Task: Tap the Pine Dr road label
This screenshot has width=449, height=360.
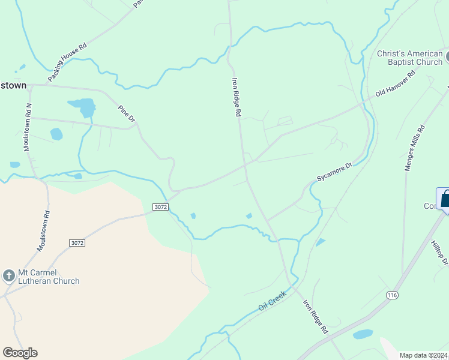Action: pyautogui.click(x=127, y=114)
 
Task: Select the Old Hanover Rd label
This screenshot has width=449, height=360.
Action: pyautogui.click(x=396, y=85)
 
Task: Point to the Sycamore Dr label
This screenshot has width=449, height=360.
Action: pyautogui.click(x=334, y=172)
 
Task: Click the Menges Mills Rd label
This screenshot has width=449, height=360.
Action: pyautogui.click(x=414, y=148)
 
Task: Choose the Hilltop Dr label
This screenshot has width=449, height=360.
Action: pyautogui.click(x=439, y=252)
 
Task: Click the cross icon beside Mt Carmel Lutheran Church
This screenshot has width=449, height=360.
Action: pyautogui.click(x=8, y=276)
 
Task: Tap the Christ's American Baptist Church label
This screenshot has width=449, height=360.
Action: pyautogui.click(x=409, y=58)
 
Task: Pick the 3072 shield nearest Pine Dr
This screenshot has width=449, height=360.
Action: pyautogui.click(x=160, y=206)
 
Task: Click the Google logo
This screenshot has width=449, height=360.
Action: pyautogui.click(x=20, y=353)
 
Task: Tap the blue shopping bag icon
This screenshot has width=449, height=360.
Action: pyautogui.click(x=446, y=199)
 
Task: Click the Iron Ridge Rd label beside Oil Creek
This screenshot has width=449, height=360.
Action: pyautogui.click(x=315, y=316)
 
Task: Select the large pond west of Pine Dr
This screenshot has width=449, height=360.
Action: pyautogui.click(x=83, y=107)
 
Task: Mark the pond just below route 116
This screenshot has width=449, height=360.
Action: pyautogui.click(x=363, y=334)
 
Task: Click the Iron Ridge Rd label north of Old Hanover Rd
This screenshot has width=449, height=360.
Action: pyautogui.click(x=237, y=97)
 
